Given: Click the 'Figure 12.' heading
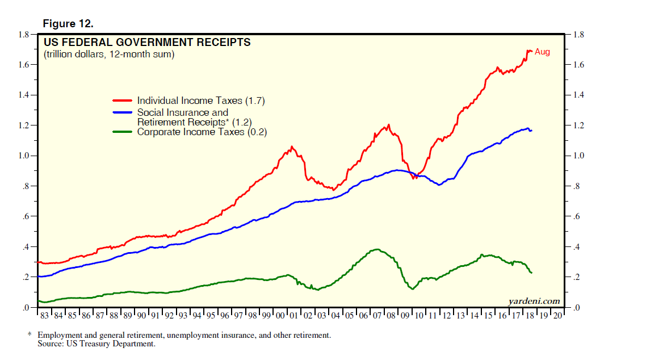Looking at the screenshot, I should pyautogui.click(x=68, y=24).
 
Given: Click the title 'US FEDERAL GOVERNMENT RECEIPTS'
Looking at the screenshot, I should pyautogui.click(x=147, y=43).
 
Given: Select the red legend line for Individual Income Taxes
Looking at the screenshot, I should pyautogui.click(x=123, y=101).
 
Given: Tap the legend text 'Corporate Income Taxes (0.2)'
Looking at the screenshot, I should pyautogui.click(x=202, y=132).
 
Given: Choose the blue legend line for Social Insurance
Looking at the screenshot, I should pyautogui.click(x=123, y=112).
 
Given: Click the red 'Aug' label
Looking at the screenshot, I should pyautogui.click(x=542, y=52).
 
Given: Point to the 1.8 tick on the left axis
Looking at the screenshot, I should pyautogui.click(x=23, y=35).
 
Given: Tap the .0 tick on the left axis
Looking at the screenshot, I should pyautogui.click(x=26, y=308).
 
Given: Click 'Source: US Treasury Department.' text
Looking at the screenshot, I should pyautogui.click(x=96, y=344).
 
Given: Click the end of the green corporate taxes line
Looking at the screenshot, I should pyautogui.click(x=531, y=273).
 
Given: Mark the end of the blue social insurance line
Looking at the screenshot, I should pyautogui.click(x=531, y=131).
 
